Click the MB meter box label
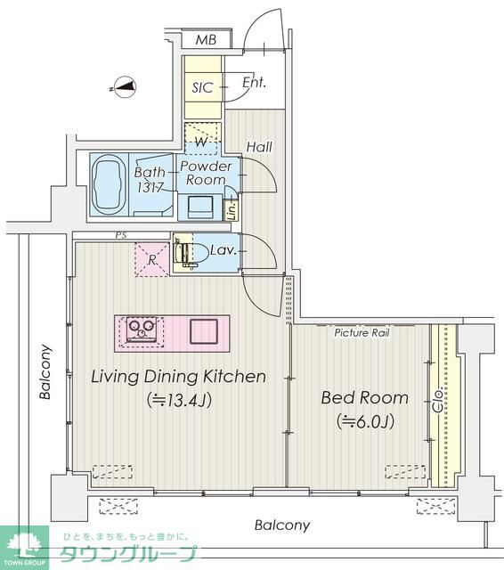tap(206, 39)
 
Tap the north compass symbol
tap(125, 87)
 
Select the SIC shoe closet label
tap(202, 87)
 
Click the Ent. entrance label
tap(254, 83)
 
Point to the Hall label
tap(259, 147)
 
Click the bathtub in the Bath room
tap(109, 185)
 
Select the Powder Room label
tap(206, 173)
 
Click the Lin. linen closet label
tap(232, 210)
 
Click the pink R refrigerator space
tap(152, 259)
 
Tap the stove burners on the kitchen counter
tap(142, 330)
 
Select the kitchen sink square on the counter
tap(204, 331)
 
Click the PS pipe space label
tap(121, 235)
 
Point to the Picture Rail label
tap(362, 332)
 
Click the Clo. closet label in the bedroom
tap(438, 400)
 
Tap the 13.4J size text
tap(179, 400)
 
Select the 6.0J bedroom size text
tap(366, 421)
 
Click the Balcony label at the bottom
tap(282, 525)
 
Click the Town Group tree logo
tap(24, 546)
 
